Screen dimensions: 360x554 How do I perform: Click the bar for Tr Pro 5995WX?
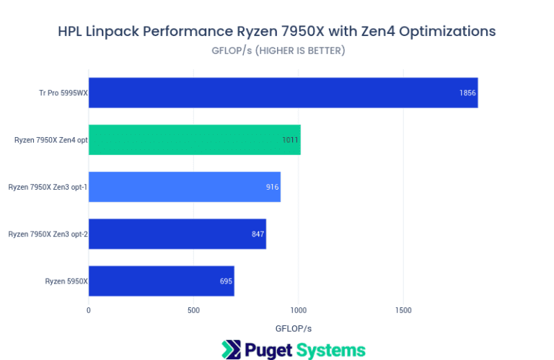(283, 93)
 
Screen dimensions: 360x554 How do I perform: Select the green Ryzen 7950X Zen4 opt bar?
(194, 140)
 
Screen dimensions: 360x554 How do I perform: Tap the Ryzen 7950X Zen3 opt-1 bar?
(184, 187)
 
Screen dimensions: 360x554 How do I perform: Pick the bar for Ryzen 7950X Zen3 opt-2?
(177, 234)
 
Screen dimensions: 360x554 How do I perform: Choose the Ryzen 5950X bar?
(161, 281)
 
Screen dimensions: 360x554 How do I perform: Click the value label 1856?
(467, 93)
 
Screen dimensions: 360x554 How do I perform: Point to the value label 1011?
(291, 140)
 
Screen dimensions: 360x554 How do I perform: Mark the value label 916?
(272, 187)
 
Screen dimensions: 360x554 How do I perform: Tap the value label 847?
(258, 234)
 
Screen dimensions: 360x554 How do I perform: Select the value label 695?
(226, 281)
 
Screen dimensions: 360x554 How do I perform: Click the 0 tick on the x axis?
(89, 310)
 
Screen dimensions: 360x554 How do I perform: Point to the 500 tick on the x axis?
(193, 310)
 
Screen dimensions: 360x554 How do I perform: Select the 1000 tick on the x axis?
(299, 310)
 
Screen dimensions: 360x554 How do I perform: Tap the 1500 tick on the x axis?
(403, 310)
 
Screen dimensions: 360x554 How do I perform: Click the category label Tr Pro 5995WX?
(63, 93)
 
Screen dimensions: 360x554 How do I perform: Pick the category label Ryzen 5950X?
(66, 281)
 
